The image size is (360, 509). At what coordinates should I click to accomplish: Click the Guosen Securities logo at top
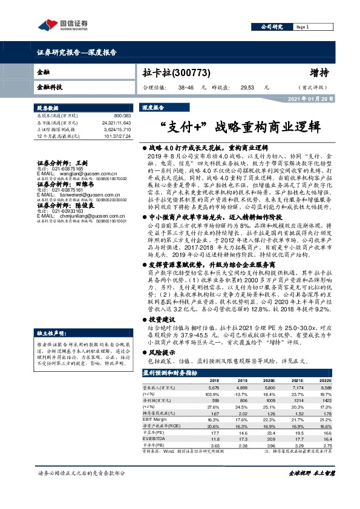63,26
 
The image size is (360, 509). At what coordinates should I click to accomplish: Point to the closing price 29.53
247,88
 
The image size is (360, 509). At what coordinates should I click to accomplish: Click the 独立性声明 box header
53,316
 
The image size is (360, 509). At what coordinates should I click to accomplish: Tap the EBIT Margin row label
155,419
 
